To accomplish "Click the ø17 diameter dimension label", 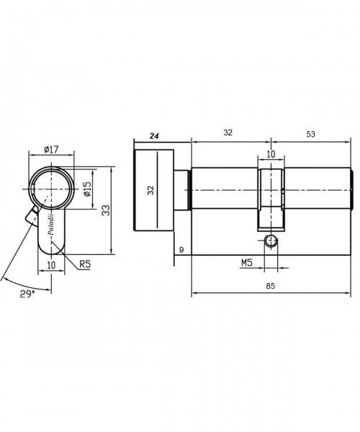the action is coord(51,149).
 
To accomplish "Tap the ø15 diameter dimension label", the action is coord(87,189).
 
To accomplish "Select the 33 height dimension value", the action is coord(106,210).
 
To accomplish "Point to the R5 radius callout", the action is coord(85,264).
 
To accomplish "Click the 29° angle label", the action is coord(27,294).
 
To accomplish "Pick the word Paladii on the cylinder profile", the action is coord(51,224).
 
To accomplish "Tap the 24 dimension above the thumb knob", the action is coord(154,136).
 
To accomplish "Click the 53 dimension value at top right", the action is coord(310,134).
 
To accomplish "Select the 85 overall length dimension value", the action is coord(271,286).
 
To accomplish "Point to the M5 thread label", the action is coord(247,263).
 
